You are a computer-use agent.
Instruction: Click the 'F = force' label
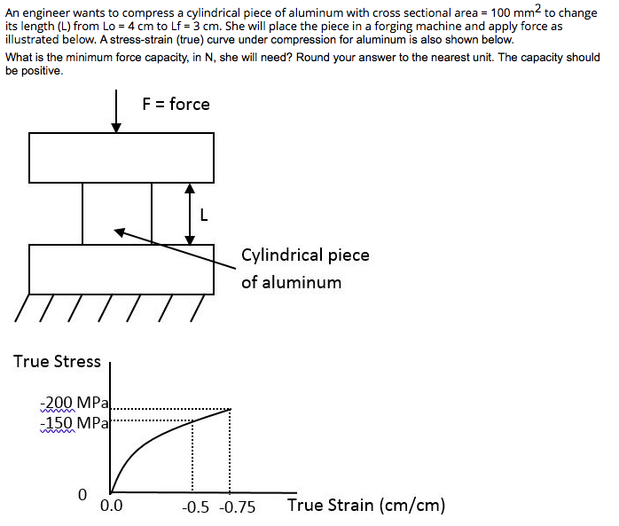coord(176,104)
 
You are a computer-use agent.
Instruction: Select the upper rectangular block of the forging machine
coord(121,158)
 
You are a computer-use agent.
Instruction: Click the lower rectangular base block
coord(121,269)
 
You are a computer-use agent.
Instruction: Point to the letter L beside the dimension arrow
coord(206,214)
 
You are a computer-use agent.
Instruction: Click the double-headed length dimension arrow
coord(189,214)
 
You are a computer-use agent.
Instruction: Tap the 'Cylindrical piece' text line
coord(305,255)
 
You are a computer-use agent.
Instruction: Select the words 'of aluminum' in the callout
coord(291,282)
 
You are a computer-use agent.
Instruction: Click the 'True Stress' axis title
coord(57,361)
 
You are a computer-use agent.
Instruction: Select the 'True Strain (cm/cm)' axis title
coord(365,506)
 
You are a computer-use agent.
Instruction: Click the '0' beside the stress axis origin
coord(82,493)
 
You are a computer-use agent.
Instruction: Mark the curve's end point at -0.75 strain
coord(231,409)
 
